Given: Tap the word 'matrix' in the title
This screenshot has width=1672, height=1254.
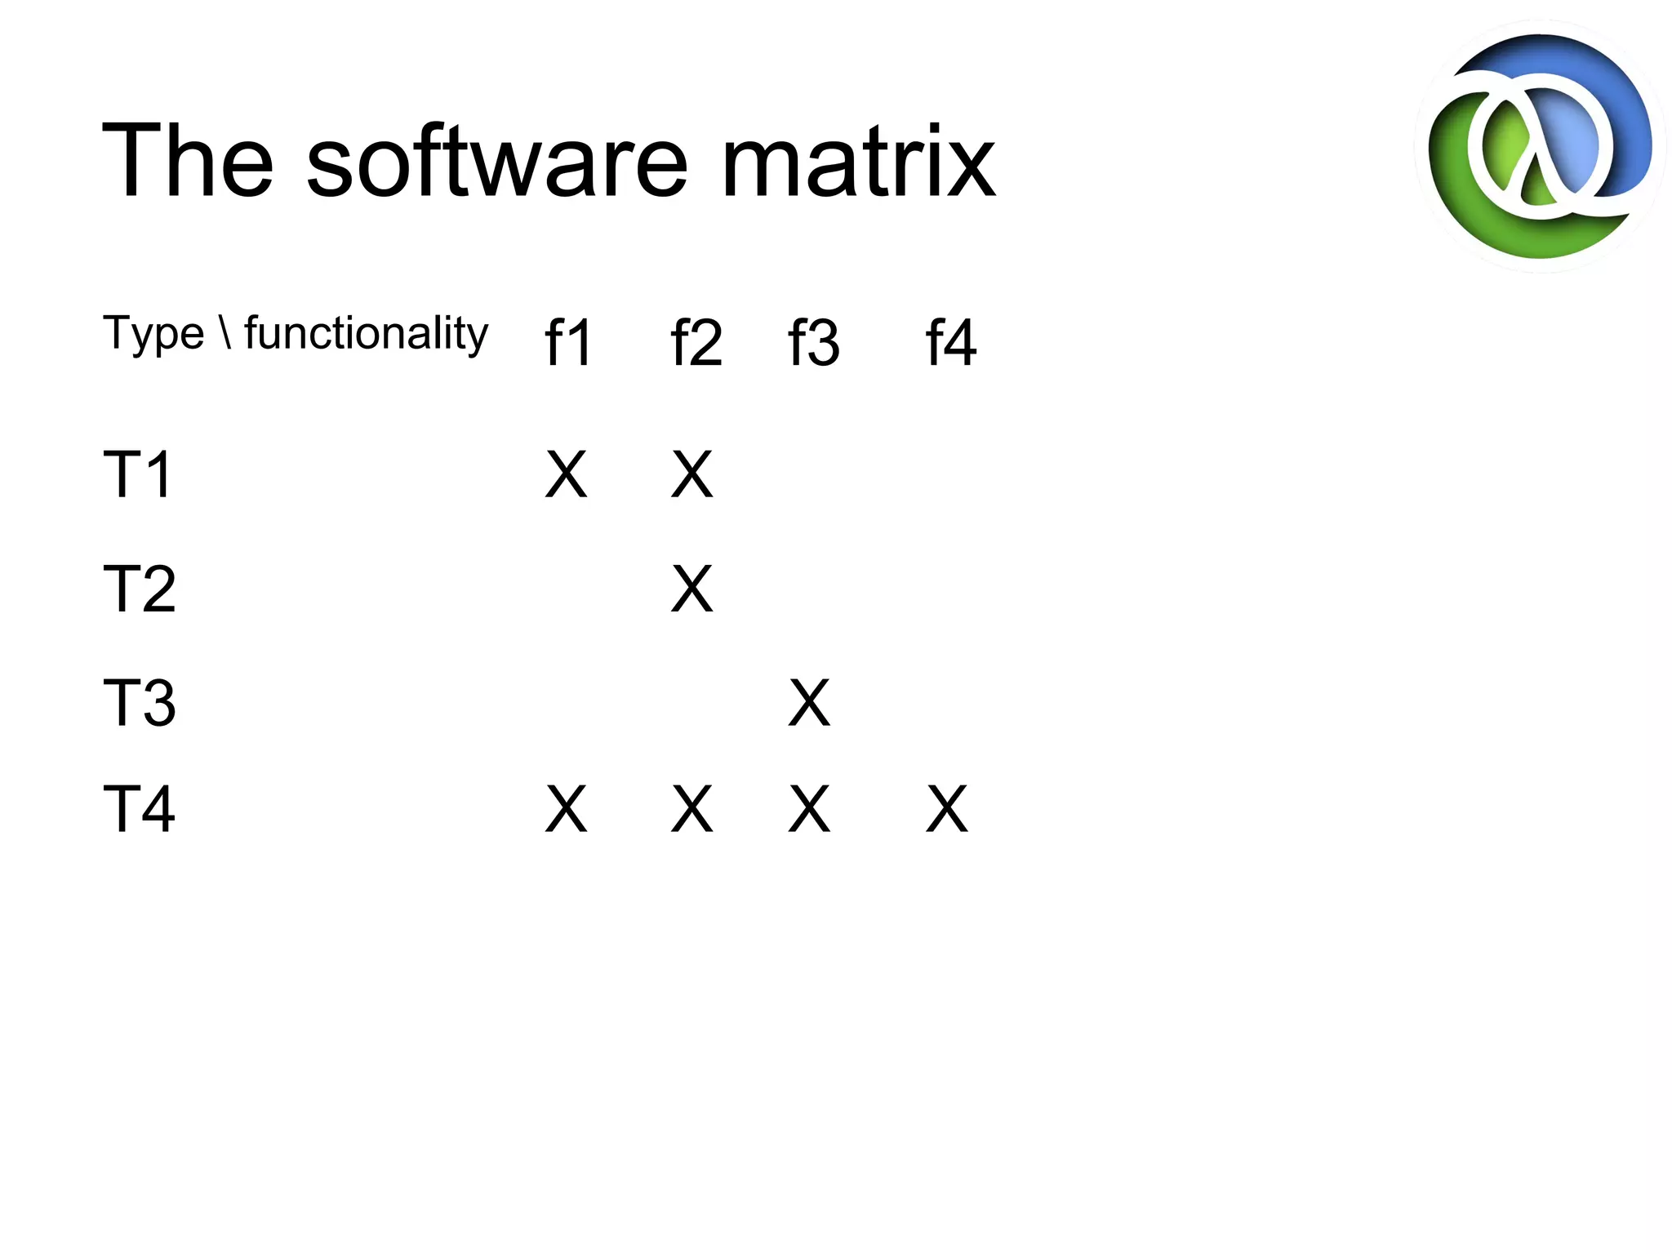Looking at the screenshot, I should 858,161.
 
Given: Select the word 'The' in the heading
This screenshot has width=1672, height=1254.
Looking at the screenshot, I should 187,161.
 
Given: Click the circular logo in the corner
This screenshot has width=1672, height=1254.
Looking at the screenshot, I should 1540,147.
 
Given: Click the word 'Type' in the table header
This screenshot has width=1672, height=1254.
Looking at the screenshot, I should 153,335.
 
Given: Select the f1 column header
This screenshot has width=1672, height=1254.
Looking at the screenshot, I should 568,343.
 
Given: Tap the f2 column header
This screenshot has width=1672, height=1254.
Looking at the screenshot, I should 696,343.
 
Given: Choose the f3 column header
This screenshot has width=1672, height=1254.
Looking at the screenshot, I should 813,343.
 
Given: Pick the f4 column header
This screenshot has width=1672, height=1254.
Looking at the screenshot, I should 950,343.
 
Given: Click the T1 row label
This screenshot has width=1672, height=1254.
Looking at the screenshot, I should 138,474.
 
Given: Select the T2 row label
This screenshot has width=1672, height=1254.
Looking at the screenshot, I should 139,589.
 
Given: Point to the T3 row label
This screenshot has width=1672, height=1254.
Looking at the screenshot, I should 139,703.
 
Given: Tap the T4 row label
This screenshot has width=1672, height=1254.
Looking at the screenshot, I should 139,809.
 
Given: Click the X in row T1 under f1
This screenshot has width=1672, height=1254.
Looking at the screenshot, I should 566,474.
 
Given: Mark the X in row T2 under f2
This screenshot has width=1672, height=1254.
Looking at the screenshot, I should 691,589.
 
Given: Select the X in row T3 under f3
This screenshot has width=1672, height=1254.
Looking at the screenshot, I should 809,703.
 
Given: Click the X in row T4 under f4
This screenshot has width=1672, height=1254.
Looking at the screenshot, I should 947,809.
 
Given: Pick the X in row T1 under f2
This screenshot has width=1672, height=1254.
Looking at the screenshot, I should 691,474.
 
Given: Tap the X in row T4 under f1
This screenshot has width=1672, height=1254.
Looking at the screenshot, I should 566,809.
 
